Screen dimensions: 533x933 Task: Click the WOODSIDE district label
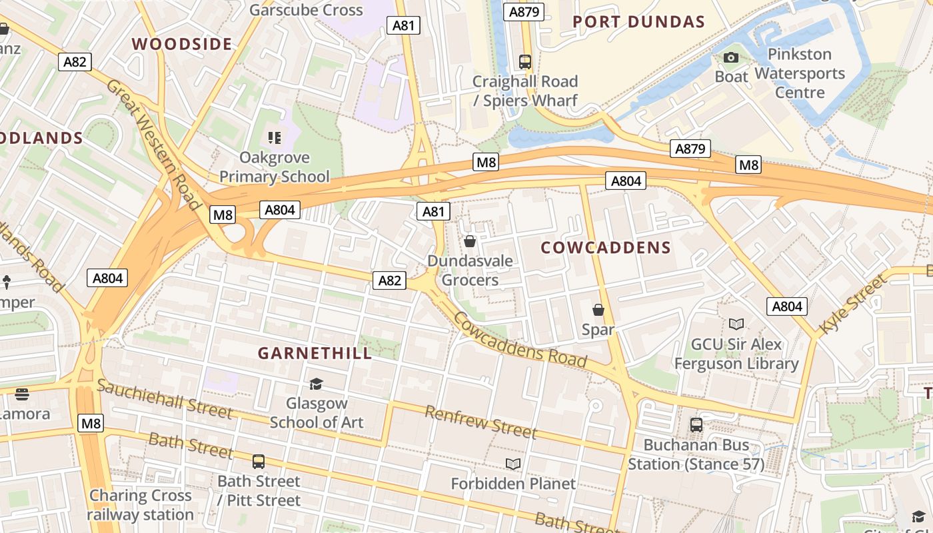(182, 44)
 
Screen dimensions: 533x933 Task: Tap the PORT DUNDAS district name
(638, 22)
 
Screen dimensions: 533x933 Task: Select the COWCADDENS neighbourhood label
(606, 248)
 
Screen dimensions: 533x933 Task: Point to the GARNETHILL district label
(315, 353)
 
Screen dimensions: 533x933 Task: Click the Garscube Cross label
(306, 10)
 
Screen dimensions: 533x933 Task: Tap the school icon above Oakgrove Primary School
(274, 138)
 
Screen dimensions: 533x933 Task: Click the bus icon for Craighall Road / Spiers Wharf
(525, 62)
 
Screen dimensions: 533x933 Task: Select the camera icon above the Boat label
(731, 58)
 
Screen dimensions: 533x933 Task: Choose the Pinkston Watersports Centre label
(800, 73)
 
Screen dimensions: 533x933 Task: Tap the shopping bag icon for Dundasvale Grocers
(470, 241)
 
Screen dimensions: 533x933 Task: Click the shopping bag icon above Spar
(598, 310)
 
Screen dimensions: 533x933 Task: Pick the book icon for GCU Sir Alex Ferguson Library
(736, 324)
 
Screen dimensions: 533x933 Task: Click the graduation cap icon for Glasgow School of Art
(316, 384)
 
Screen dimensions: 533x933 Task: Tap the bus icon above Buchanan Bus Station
(696, 424)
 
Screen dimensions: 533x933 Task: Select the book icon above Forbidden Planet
(512, 464)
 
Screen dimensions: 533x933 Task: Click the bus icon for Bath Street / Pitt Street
(259, 461)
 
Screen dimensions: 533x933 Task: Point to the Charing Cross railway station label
(140, 505)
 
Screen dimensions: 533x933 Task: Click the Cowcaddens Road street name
(520, 340)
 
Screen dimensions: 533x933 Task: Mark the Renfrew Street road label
(480, 422)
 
